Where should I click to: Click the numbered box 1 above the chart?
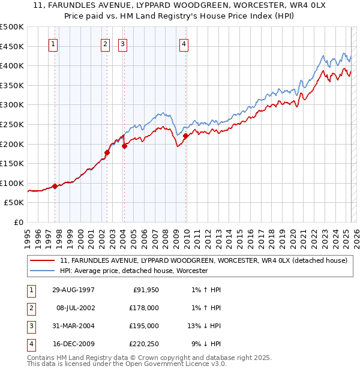coord(53,43)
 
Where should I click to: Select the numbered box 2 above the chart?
coord(105,43)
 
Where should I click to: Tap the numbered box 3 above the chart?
coord(122,43)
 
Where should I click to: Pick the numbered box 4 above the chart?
coord(184,43)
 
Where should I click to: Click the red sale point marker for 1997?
coord(55,186)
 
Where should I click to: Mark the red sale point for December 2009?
coord(185,136)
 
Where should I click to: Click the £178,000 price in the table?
coord(144,308)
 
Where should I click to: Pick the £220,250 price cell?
coord(144,344)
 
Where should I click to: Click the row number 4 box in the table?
coord(29,344)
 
